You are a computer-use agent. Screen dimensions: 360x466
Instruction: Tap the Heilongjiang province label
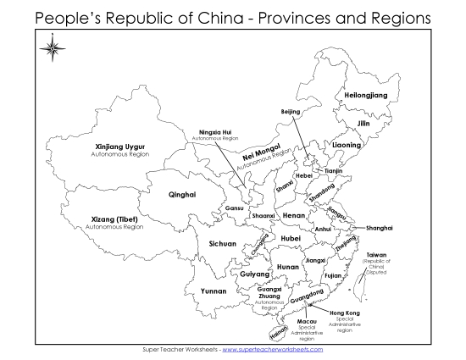(x=366, y=96)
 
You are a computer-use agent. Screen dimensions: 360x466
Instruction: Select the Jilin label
(x=363, y=124)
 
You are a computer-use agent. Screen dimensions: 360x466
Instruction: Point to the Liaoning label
(x=346, y=145)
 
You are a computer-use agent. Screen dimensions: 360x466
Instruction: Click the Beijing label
(x=291, y=111)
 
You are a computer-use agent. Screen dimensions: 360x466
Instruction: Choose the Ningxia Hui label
(x=214, y=133)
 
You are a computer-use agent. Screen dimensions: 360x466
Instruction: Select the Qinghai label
(x=182, y=194)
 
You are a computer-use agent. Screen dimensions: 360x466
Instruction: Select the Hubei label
(x=291, y=239)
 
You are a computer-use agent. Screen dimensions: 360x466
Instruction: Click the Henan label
(x=293, y=216)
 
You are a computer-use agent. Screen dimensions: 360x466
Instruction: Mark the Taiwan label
(x=376, y=254)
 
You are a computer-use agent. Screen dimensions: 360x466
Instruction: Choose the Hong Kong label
(x=345, y=313)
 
